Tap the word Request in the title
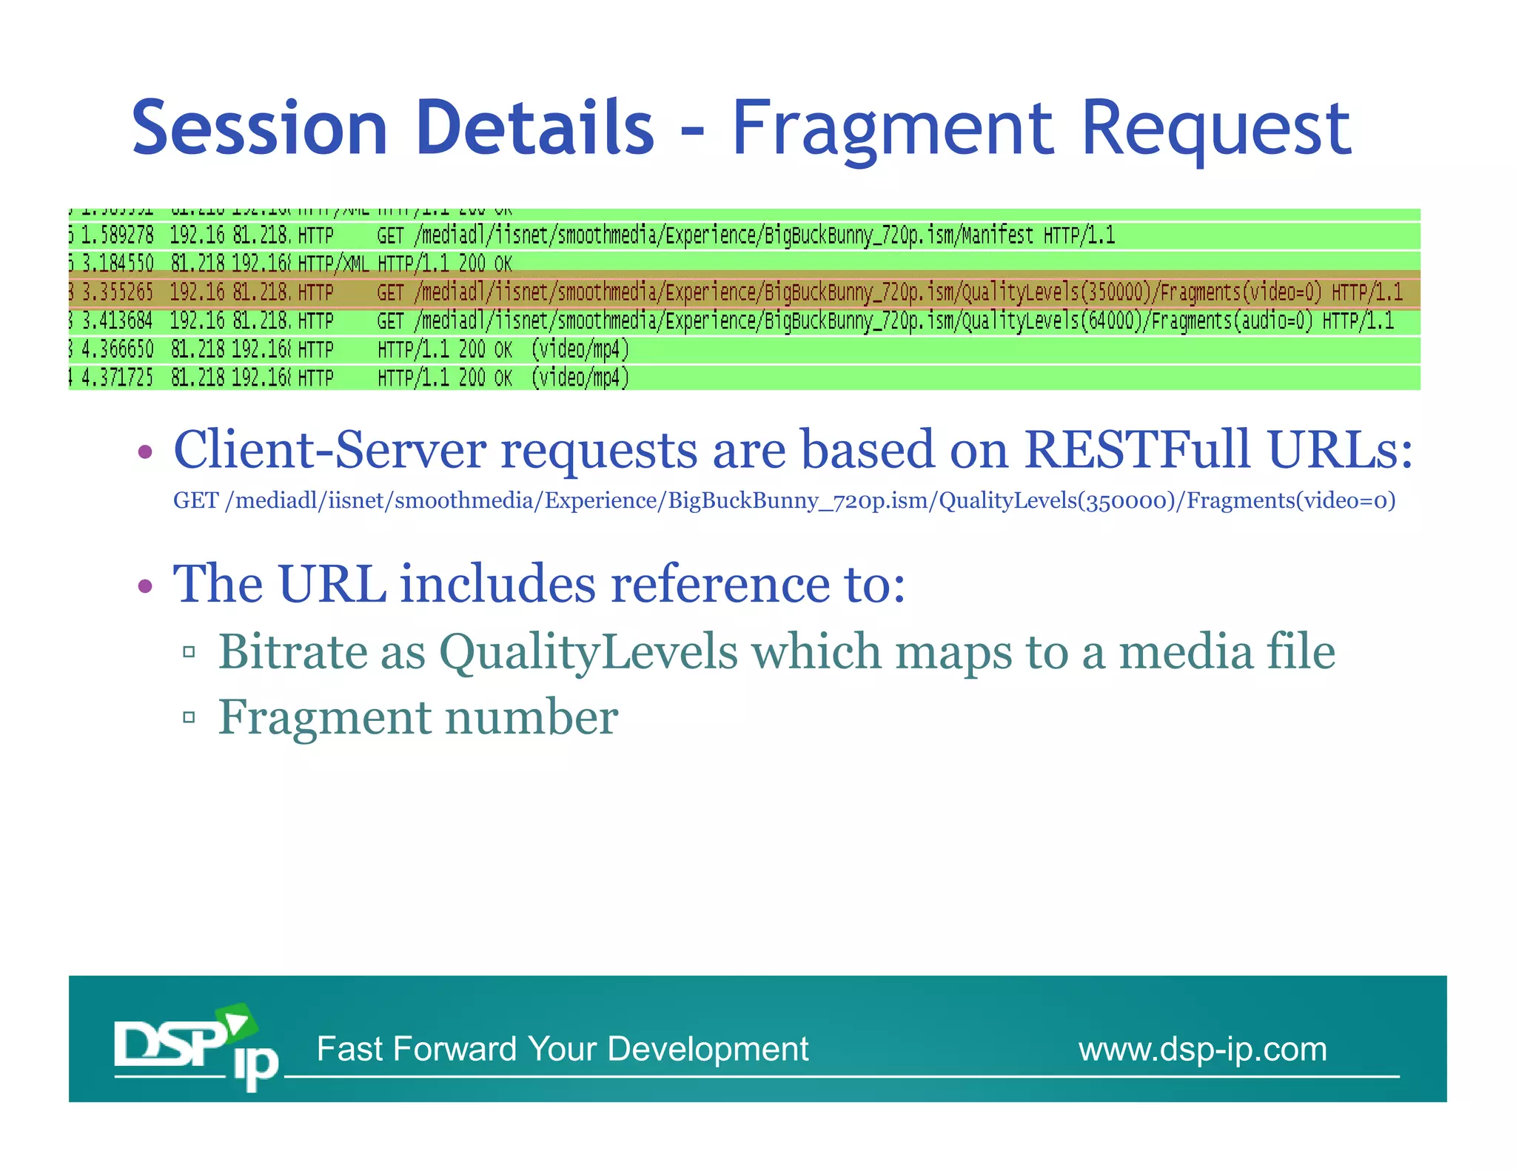1216,130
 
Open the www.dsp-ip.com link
1202,1049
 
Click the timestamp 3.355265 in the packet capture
118,292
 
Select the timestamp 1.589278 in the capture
118,235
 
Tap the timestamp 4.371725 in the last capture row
118,378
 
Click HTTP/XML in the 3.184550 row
333,264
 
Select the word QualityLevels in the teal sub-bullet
588,652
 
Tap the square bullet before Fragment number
189,717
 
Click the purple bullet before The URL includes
145,585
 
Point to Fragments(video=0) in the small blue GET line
1291,501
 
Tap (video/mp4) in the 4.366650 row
580,349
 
